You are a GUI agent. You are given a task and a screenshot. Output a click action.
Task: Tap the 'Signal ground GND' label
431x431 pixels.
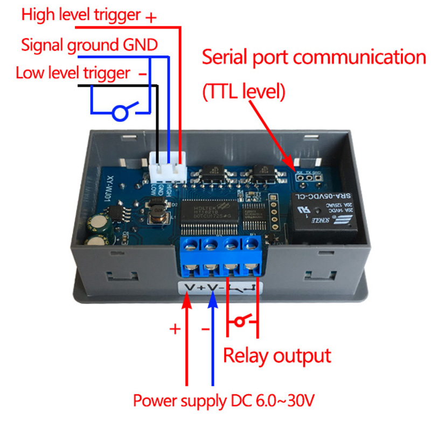coord(89,44)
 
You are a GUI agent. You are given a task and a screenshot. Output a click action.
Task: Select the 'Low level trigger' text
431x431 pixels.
coord(73,72)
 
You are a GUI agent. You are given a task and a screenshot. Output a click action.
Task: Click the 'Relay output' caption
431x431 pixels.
coord(277,356)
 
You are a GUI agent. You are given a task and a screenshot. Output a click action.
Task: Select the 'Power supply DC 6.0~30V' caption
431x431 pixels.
coord(224,401)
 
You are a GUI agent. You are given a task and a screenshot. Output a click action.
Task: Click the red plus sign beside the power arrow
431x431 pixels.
coord(175,329)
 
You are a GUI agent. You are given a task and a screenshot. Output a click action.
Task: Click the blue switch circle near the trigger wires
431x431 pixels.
coord(120,113)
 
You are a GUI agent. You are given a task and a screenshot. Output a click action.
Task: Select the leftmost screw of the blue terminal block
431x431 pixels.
coord(191,247)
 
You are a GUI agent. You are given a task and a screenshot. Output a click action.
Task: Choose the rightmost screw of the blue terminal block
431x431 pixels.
coord(250,246)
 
